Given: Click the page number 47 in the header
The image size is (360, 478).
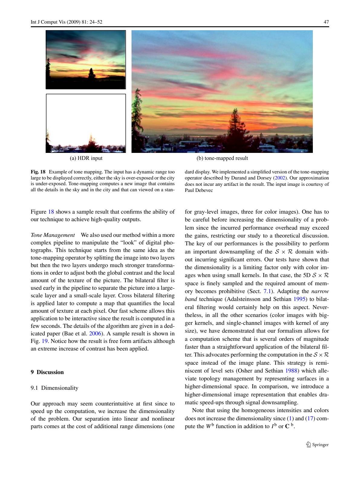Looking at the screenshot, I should [x=326, y=22].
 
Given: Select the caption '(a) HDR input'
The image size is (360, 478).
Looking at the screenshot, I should [x=86, y=158].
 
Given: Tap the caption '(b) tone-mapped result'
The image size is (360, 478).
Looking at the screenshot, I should [x=222, y=158].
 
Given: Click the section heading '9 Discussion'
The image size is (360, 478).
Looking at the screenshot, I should [x=47, y=372].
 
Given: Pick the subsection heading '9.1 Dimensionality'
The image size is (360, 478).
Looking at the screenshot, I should [x=54, y=388].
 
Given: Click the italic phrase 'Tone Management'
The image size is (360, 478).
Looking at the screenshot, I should [x=53, y=235].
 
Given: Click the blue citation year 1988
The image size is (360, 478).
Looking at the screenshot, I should [x=291, y=371].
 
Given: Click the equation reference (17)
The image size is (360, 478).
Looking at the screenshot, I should [x=310, y=418].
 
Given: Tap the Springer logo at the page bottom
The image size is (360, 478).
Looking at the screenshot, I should [x=317, y=444].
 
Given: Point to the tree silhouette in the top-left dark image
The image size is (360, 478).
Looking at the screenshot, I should [x=91, y=73].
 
